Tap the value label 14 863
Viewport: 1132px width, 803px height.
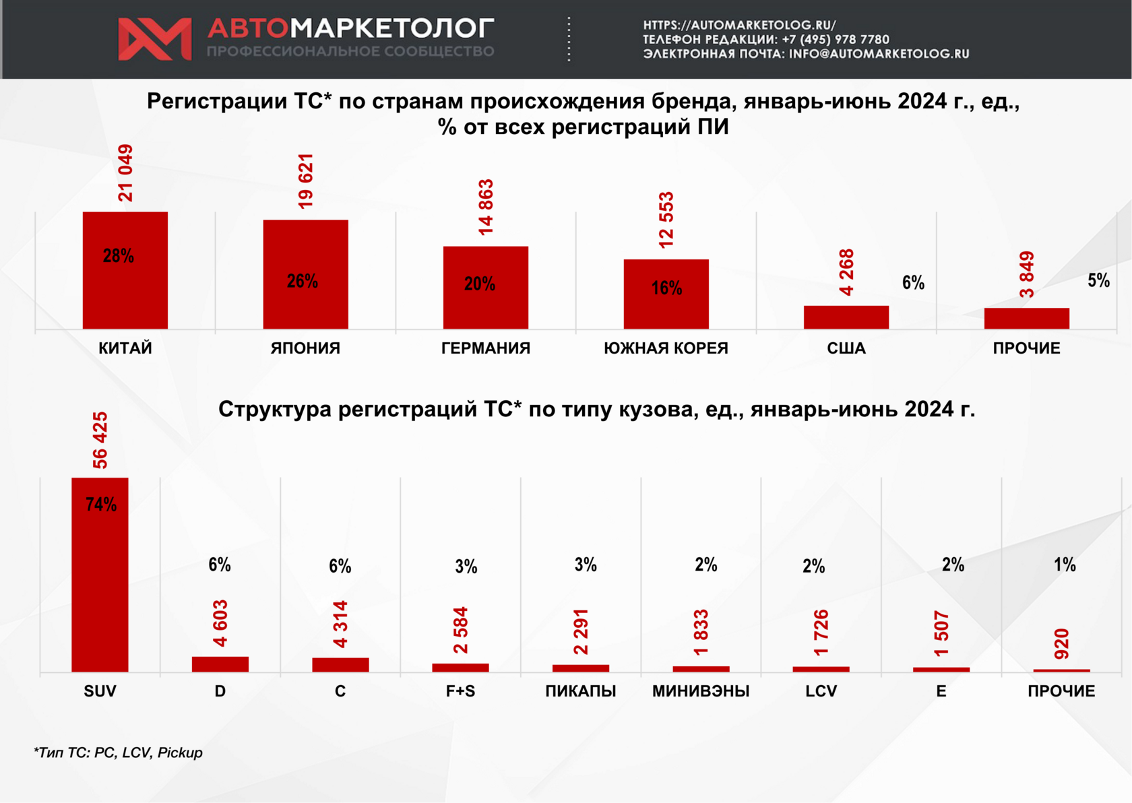tap(486, 207)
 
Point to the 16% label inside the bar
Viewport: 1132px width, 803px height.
tap(666, 288)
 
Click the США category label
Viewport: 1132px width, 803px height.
tap(846, 348)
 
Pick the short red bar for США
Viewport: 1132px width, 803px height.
tap(846, 317)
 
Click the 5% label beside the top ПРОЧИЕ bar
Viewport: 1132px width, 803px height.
tap(1098, 281)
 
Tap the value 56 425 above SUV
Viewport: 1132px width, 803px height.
tap(100, 440)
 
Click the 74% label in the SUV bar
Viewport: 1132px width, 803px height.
tap(101, 505)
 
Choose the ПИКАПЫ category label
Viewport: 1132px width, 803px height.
tap(581, 691)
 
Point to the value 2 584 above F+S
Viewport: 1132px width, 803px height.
tap(461, 630)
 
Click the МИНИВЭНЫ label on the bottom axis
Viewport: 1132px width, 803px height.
tap(701, 691)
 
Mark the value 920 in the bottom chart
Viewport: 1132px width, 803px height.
tap(1062, 643)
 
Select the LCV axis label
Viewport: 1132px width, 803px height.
tap(821, 691)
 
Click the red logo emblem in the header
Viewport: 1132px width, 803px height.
tap(154, 39)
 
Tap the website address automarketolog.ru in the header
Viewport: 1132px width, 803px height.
tap(739, 25)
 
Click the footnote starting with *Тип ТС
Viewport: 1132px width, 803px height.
tap(118, 752)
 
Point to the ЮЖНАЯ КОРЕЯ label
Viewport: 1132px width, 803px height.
tap(666, 348)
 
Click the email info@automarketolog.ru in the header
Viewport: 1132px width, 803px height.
tap(879, 54)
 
